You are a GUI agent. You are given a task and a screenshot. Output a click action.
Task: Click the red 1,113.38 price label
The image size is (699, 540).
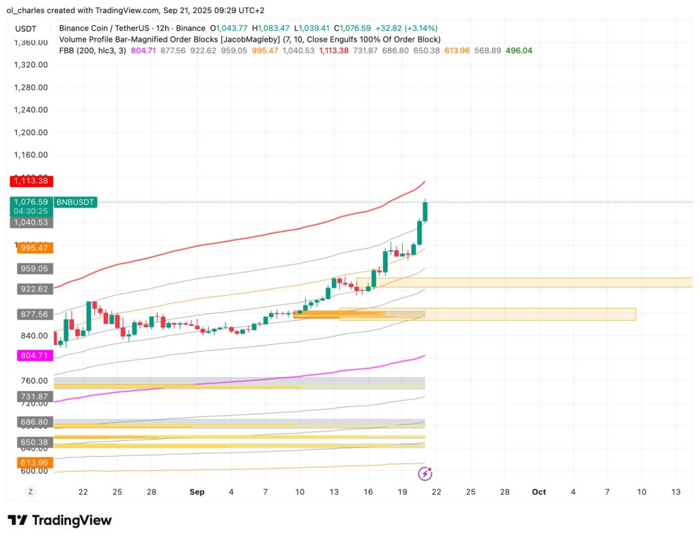click(31, 182)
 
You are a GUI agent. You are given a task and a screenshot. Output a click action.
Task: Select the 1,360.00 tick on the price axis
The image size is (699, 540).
click(31, 42)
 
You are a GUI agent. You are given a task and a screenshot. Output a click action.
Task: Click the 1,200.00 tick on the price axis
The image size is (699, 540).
click(31, 132)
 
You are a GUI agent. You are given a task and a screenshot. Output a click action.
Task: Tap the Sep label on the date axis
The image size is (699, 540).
click(197, 492)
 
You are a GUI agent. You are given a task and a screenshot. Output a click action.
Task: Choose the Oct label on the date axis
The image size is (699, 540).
click(539, 492)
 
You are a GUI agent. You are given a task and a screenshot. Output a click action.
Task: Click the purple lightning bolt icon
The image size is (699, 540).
click(425, 473)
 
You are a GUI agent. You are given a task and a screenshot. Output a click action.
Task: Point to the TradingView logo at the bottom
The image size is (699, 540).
click(59, 520)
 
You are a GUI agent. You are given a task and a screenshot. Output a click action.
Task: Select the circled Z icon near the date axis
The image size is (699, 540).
click(30, 492)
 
